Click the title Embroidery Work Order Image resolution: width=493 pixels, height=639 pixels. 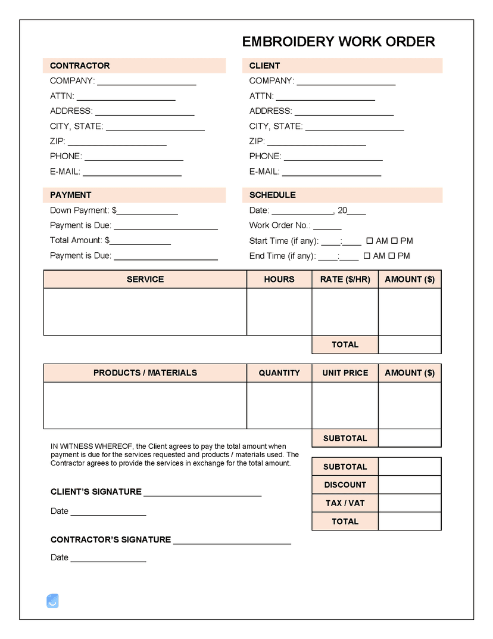[338, 42]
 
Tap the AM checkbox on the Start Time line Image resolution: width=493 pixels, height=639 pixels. [369, 241]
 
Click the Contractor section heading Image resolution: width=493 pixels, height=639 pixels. [80, 66]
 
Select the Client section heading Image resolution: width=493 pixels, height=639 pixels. [264, 66]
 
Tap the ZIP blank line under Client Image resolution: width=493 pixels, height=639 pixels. [316, 144]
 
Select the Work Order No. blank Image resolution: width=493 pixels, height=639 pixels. [327, 228]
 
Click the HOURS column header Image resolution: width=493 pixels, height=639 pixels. [279, 279]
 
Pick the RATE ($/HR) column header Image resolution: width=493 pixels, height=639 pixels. [345, 279]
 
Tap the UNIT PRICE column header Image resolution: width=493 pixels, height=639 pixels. [345, 373]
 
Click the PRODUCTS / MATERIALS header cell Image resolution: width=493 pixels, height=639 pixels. [145, 373]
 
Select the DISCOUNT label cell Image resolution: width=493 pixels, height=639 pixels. [345, 485]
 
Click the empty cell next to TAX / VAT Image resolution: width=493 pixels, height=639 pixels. [410, 502]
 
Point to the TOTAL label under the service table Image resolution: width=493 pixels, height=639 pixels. [345, 345]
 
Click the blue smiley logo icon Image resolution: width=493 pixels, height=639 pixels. [52, 601]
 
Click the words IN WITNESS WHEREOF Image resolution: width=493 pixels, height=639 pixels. [92, 446]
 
